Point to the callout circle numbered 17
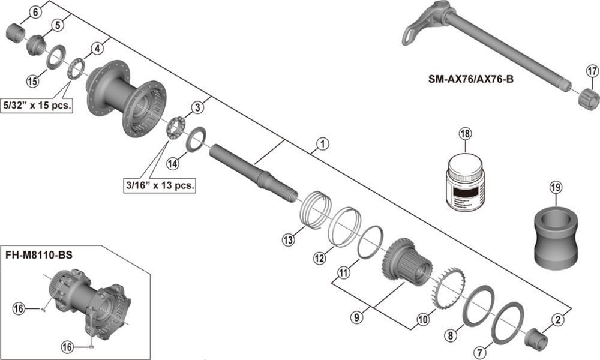click(x=592, y=72)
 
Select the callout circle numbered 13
click(x=289, y=239)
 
